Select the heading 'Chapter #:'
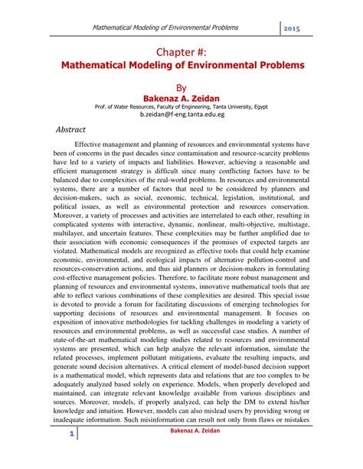point(181,52)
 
